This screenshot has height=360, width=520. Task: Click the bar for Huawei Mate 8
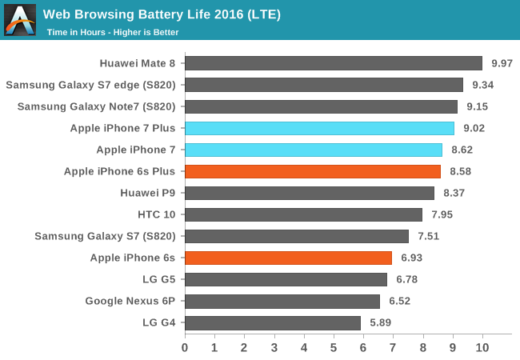334,63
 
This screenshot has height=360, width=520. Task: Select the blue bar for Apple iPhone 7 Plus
319,128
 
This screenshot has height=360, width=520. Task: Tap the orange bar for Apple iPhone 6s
288,258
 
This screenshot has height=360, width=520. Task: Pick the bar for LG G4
273,322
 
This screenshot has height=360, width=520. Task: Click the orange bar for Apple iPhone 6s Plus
313,171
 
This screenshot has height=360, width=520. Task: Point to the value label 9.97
502,63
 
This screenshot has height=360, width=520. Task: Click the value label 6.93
411,258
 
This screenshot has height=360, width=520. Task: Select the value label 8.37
454,193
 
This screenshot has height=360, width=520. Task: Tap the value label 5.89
380,322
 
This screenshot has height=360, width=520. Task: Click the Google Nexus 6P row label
131,301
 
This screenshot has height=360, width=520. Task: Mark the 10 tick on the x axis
482,348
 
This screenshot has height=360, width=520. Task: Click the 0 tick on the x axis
185,348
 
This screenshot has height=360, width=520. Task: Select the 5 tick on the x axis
334,348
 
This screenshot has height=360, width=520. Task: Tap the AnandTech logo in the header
20,20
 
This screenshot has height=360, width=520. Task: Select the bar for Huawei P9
310,193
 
